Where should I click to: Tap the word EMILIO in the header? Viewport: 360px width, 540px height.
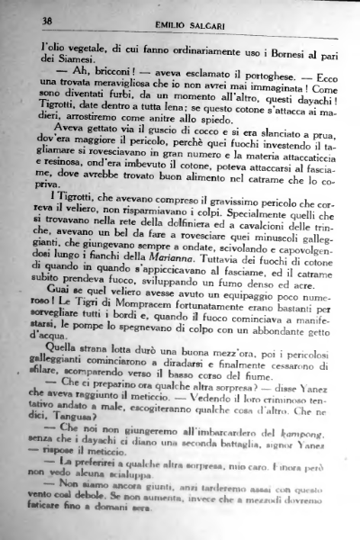(x=158, y=23)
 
